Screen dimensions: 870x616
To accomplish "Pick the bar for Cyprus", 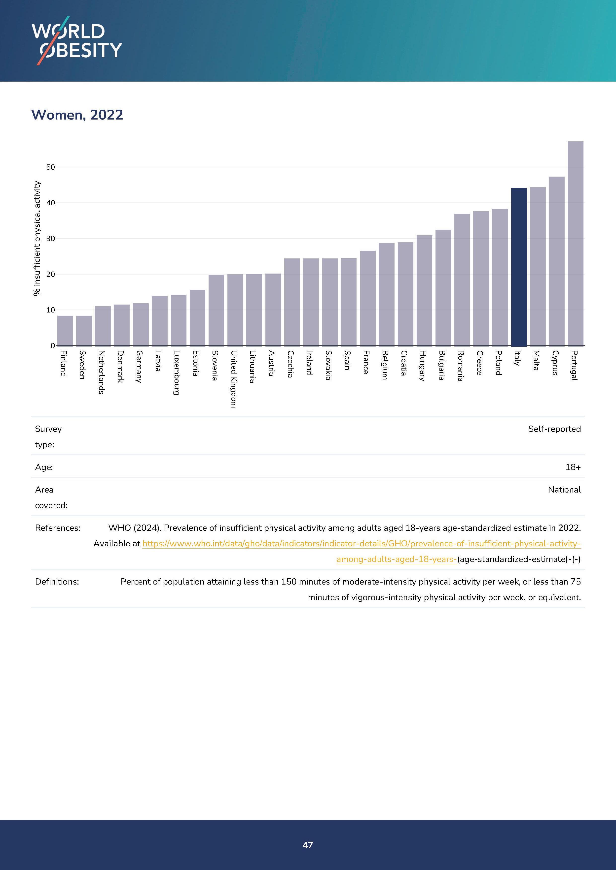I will pos(556,261).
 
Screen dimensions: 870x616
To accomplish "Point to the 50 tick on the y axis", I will pos(50,167).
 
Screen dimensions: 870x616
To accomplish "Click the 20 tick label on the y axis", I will pos(50,274).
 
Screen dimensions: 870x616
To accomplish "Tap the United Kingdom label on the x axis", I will pos(234,379).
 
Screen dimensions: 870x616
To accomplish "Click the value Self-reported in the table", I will pos(554,429).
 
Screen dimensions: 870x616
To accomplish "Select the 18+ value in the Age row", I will pos(573,467).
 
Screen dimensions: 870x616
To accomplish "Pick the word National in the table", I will pos(564,490).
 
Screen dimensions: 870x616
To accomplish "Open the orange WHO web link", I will pos(361,544).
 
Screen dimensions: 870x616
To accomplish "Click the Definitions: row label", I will pos(57,582).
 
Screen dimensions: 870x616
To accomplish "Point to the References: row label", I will pos(58,528).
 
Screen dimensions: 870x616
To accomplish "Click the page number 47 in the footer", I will pos(308,845).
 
